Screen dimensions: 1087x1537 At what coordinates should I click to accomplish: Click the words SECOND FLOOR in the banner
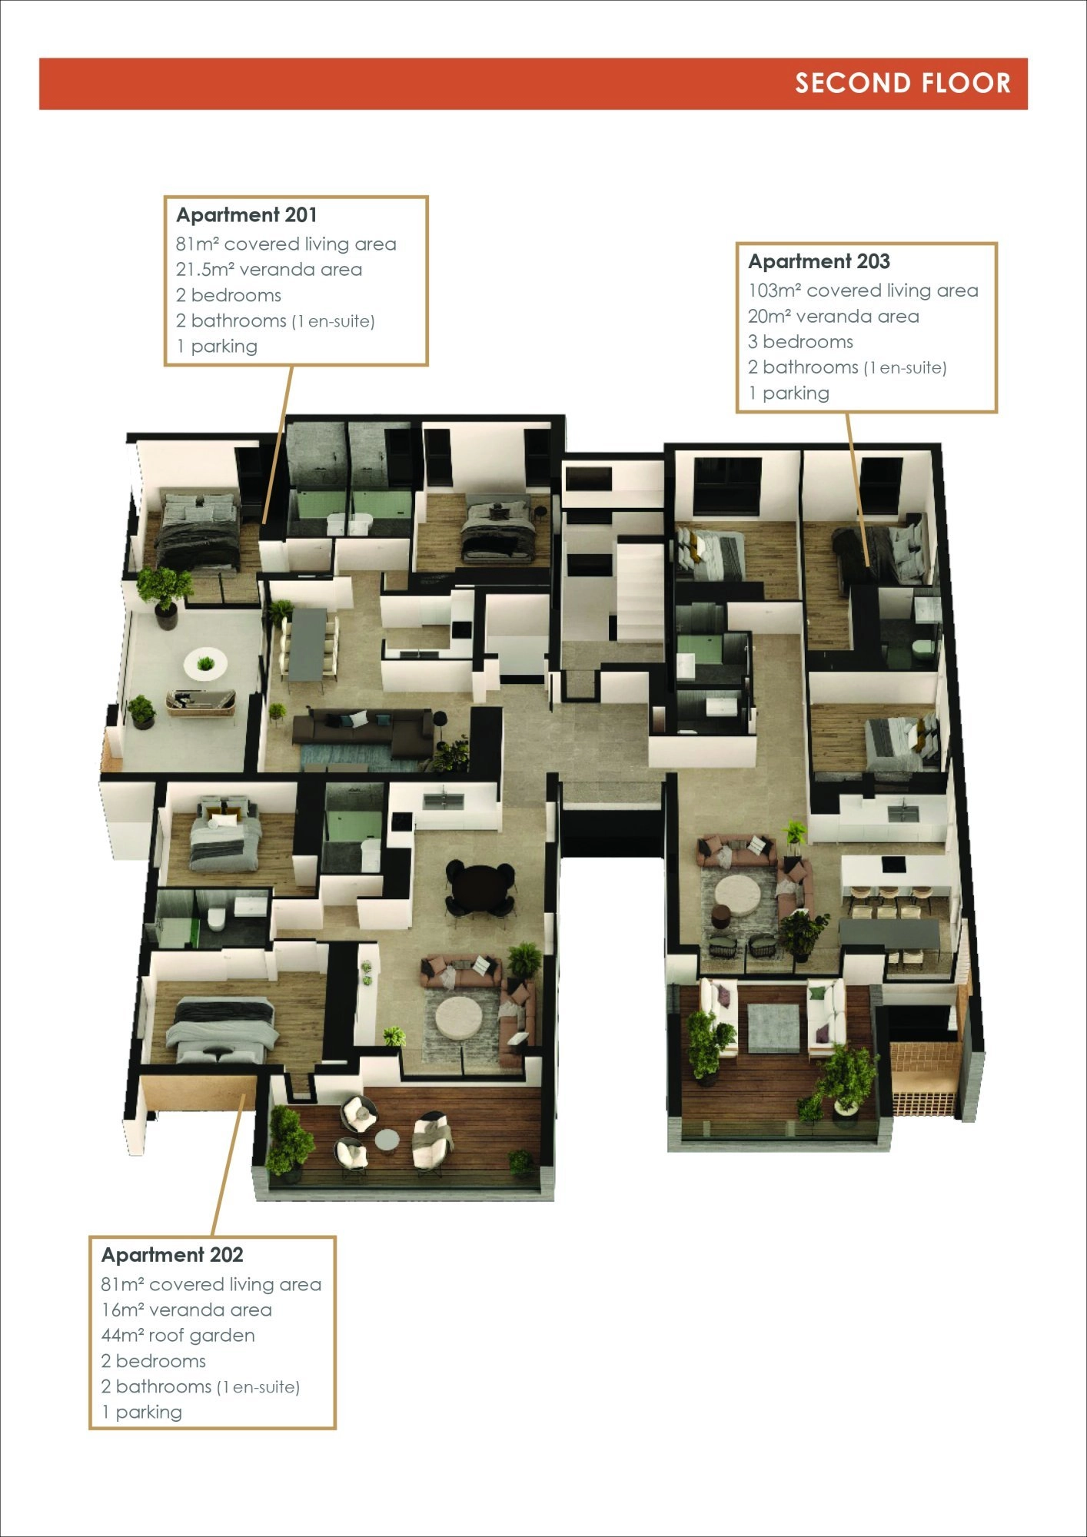pyautogui.click(x=903, y=83)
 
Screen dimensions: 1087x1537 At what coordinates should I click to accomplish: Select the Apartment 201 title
pyautogui.click(x=246, y=215)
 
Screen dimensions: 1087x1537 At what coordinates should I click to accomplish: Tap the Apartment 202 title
pyautogui.click(x=172, y=1255)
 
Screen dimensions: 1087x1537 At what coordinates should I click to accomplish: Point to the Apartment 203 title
pyautogui.click(x=819, y=261)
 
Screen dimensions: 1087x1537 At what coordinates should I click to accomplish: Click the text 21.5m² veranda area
pyautogui.click(x=268, y=270)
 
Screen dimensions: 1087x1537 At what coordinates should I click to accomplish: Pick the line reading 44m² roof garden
pyautogui.click(x=178, y=1336)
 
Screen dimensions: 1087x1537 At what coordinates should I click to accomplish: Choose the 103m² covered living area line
pyautogui.click(x=863, y=290)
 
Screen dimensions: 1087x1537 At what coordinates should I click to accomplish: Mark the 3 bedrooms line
pyautogui.click(x=800, y=342)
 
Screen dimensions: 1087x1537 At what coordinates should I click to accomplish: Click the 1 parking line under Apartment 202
pyautogui.click(x=141, y=1413)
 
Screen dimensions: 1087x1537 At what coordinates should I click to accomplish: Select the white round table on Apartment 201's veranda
pyautogui.click(x=205, y=662)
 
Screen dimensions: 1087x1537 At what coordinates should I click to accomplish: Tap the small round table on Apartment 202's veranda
pyautogui.click(x=387, y=1140)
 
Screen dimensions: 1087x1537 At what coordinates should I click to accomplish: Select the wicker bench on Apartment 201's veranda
pyautogui.click(x=201, y=701)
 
